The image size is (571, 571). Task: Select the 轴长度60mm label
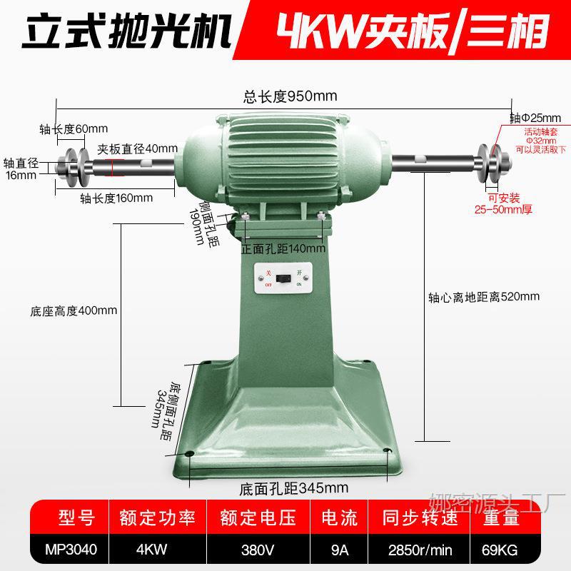click(74, 129)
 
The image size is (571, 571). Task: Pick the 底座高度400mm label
click(74, 311)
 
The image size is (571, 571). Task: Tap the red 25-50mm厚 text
click(504, 209)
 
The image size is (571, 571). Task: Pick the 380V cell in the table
click(258, 550)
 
